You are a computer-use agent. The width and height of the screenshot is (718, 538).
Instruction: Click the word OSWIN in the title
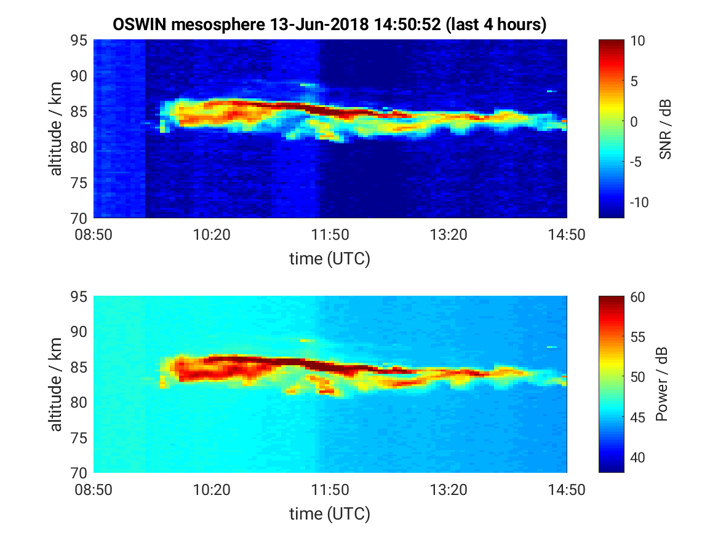coord(140,24)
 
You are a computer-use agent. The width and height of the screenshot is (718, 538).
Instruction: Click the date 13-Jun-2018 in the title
coord(319,24)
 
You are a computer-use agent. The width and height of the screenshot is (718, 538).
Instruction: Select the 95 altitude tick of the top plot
coord(79,40)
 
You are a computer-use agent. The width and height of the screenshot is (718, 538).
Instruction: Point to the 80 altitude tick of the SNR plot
coord(79,148)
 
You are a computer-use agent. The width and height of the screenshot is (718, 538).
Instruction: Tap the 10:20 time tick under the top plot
coord(212,235)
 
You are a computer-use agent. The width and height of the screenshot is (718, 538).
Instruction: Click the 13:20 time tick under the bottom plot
coord(449,490)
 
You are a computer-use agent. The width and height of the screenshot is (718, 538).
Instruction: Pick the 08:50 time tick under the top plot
coord(94,235)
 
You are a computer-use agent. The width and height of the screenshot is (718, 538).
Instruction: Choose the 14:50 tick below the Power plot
coord(567,490)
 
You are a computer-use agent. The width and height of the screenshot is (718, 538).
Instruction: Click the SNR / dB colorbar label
coord(665,129)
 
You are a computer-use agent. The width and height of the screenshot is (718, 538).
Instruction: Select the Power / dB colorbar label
coord(661,384)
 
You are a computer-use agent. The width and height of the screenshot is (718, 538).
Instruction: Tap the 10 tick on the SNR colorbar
coord(637,41)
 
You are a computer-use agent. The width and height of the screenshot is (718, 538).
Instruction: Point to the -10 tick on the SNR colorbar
coord(639,202)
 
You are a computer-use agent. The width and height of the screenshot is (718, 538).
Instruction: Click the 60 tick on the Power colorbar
coord(637,297)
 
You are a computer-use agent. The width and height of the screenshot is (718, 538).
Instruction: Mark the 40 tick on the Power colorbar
coord(637,457)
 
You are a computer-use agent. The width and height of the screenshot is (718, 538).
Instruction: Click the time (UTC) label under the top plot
coord(330,259)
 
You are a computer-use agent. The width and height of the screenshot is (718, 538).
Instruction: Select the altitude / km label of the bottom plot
coord(56,384)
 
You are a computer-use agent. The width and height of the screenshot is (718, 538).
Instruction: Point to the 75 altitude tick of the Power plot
coord(79,438)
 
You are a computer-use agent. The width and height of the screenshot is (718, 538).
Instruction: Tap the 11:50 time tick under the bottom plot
coord(330,490)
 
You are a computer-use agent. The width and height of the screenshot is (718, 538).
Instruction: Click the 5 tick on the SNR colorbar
coord(634,81)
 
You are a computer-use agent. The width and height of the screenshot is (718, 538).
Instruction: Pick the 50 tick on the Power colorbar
coord(637,377)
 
